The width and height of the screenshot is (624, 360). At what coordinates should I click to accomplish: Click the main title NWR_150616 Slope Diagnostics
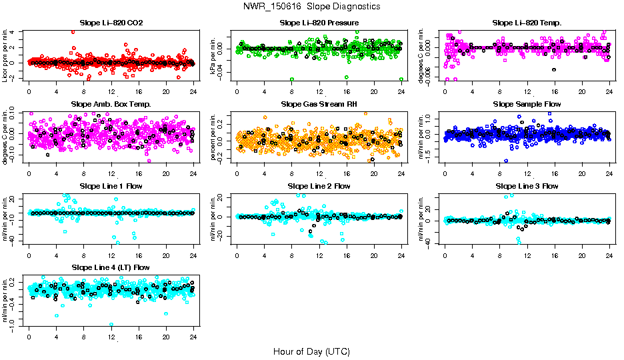(312, 6)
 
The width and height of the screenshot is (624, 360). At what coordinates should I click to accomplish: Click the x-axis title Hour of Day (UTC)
(311, 351)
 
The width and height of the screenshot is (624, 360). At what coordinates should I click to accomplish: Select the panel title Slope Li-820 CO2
(111, 23)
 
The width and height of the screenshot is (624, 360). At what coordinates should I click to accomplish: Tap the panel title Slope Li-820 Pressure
(319, 23)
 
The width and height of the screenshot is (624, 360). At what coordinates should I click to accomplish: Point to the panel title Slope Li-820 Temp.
(527, 23)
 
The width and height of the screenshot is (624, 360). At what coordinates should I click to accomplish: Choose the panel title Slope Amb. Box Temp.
(111, 105)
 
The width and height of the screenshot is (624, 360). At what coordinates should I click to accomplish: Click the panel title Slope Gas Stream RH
(319, 105)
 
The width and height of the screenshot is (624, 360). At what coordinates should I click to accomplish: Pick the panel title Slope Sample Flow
(527, 105)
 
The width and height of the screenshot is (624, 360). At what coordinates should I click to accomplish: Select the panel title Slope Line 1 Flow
(111, 186)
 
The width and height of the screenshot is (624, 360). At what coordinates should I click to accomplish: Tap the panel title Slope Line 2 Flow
(319, 186)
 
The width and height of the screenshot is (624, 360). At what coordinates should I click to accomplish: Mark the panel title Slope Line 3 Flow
(527, 186)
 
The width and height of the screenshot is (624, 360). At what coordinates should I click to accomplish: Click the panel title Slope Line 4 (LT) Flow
(111, 267)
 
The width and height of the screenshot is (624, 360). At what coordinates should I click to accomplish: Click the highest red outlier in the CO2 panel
(73, 32)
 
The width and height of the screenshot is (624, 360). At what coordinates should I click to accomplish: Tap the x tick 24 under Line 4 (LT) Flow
(193, 336)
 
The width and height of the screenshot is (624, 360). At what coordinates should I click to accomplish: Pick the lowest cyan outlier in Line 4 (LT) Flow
(111, 324)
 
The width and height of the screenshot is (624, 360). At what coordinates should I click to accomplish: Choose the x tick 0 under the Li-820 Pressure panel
(237, 92)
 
